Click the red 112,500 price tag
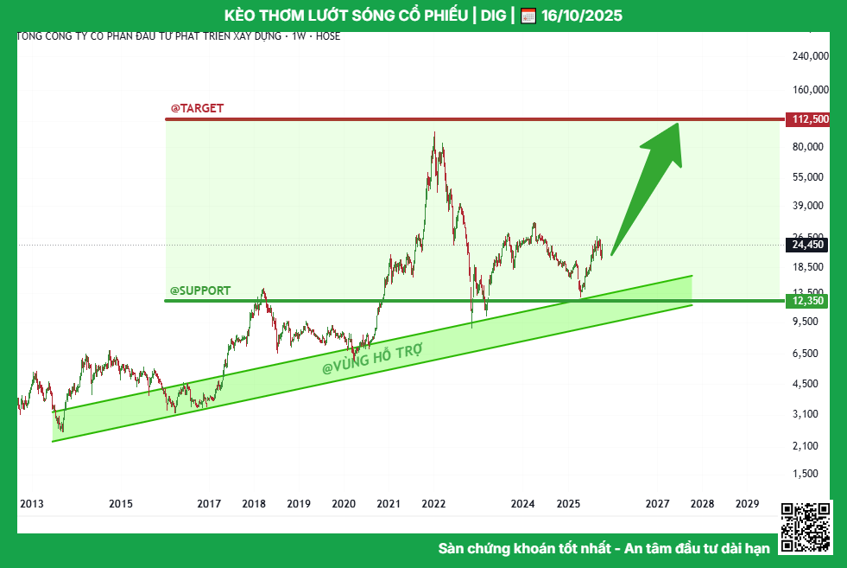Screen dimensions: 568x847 806,119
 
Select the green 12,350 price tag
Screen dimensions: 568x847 806,301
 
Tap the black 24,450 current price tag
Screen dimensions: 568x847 806,245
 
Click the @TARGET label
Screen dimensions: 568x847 197,108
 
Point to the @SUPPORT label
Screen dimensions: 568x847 200,290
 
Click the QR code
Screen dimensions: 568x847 805,527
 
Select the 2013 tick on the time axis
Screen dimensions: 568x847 32,504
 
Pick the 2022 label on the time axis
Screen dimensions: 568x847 433,504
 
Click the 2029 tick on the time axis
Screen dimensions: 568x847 747,504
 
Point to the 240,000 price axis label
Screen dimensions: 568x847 810,56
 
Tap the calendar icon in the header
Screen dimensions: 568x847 528,16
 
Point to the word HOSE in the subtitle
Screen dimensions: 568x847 328,36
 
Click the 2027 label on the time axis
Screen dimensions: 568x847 657,504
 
